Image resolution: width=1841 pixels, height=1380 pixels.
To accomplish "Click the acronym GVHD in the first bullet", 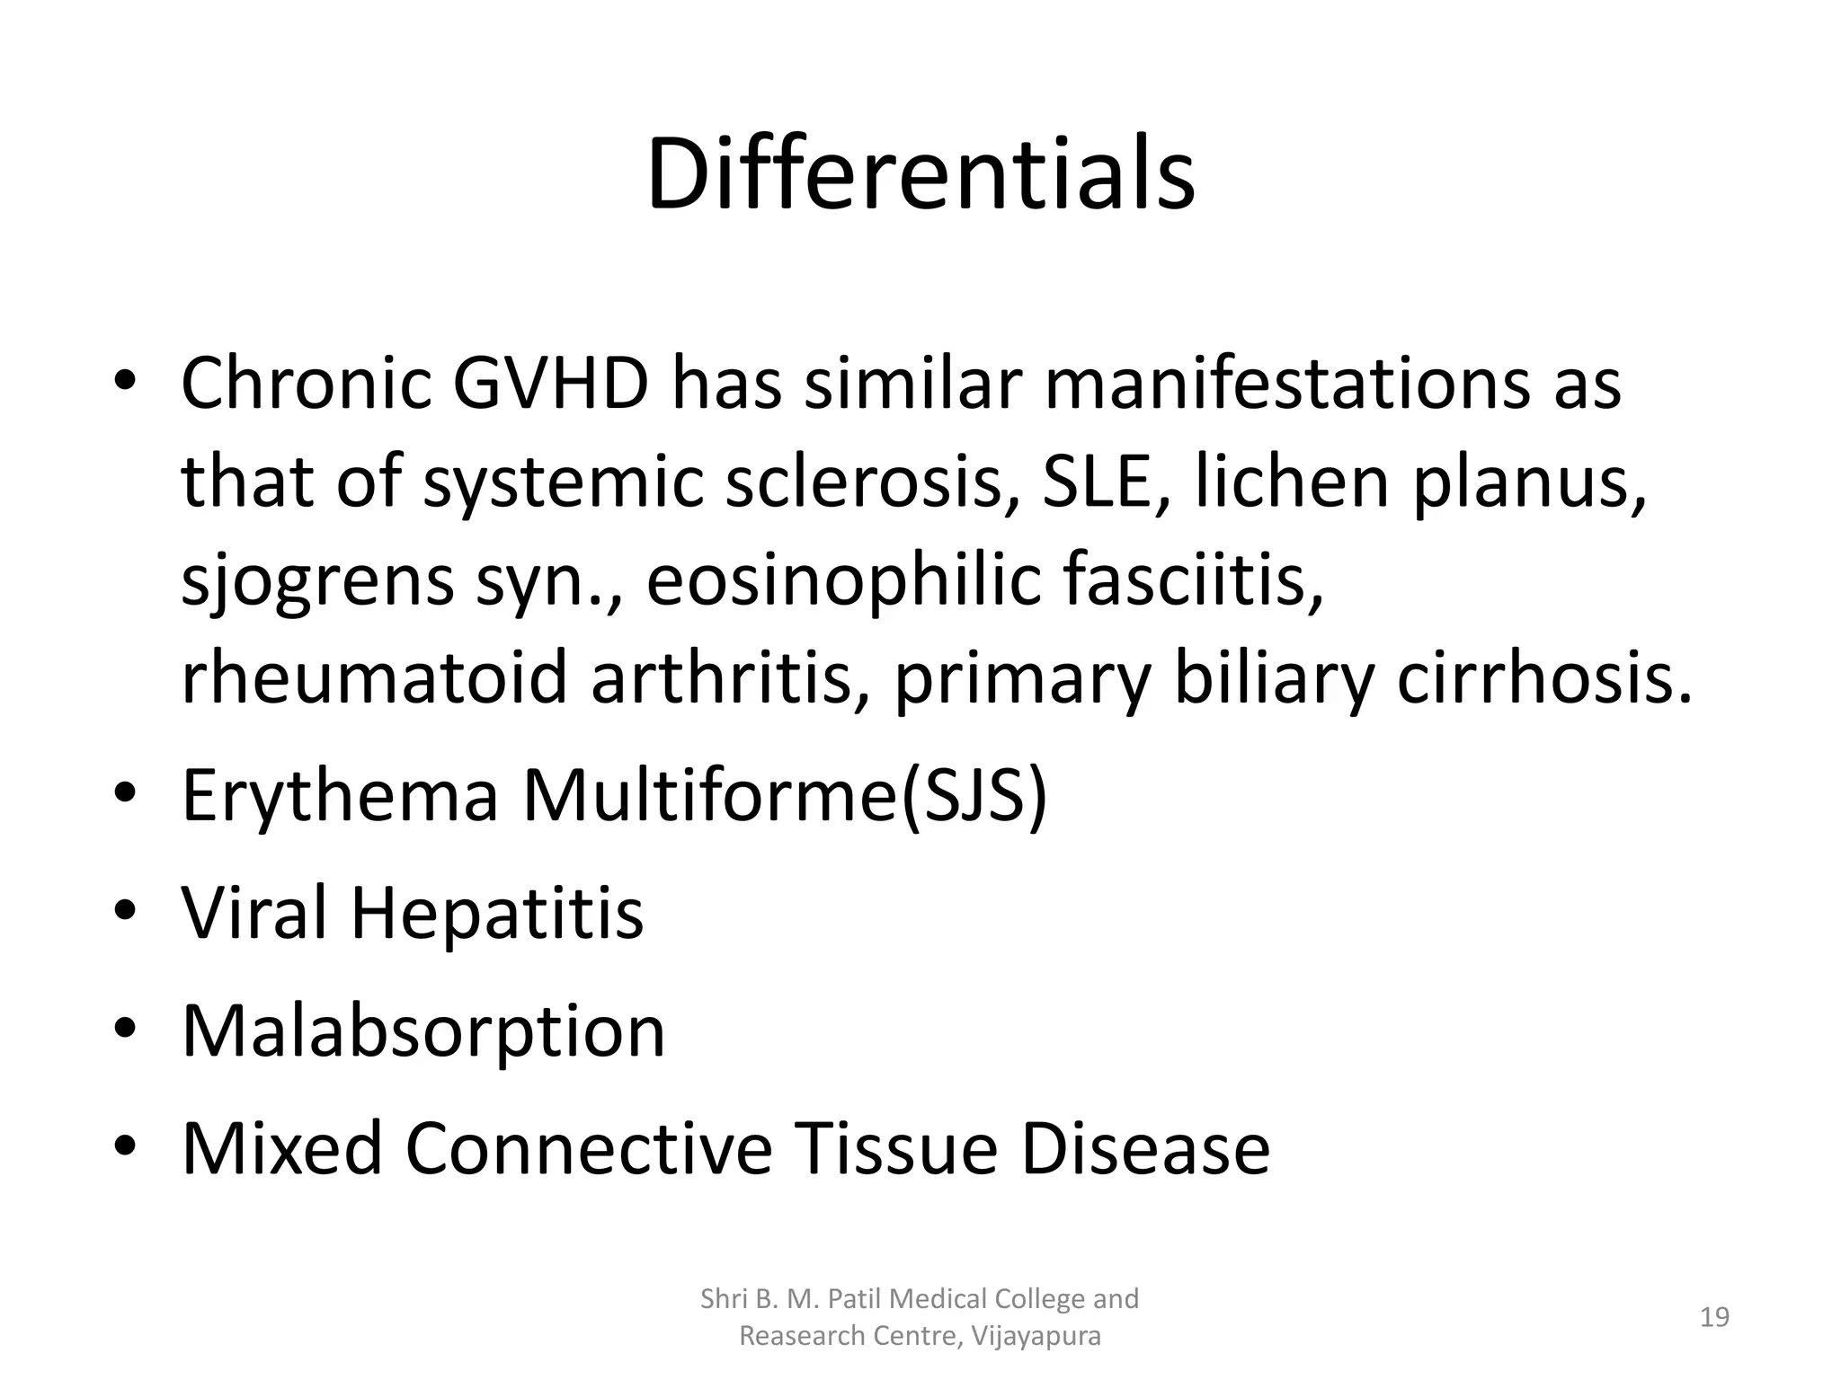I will coord(549,384).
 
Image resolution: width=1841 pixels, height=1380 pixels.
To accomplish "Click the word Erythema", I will coord(340,796).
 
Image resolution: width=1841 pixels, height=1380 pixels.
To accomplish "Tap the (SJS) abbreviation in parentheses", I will coord(974,796).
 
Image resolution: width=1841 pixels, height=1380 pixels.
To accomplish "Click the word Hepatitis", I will coord(496,913).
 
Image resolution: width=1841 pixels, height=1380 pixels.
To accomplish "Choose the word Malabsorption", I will coord(422,1031).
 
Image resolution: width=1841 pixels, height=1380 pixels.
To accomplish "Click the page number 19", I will coord(1714,1317).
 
